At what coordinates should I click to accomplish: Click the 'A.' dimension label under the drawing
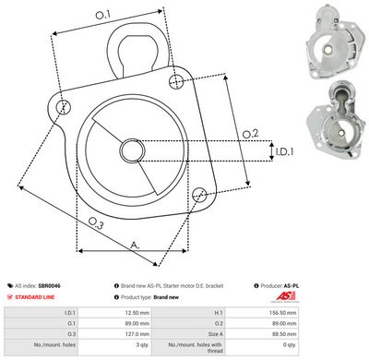point(136,245)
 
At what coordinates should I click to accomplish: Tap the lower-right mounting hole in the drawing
point(199,193)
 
